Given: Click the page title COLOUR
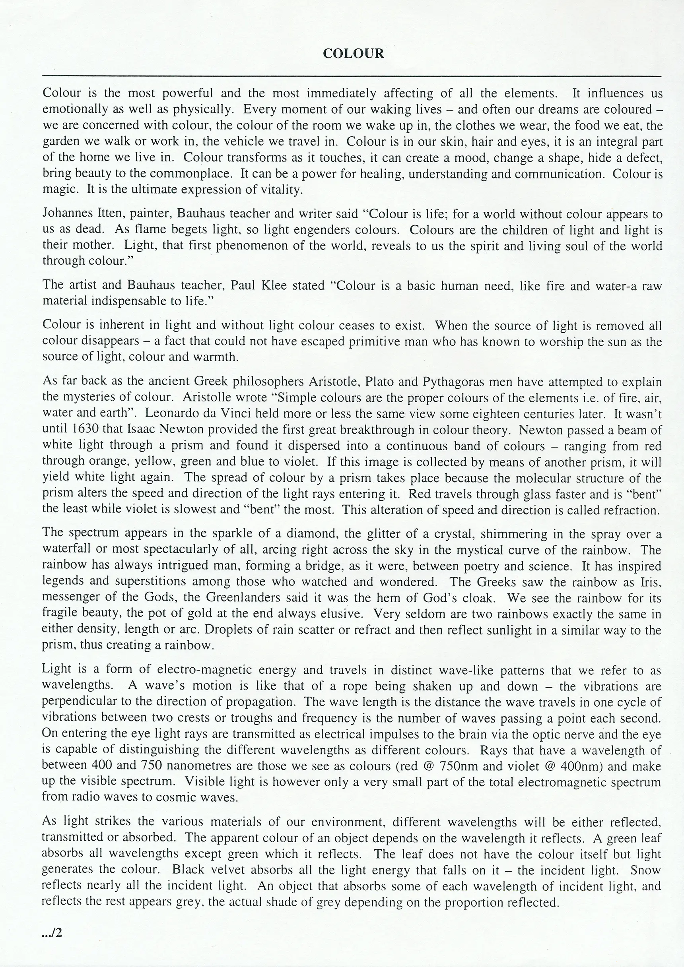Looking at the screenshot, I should [353, 54].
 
